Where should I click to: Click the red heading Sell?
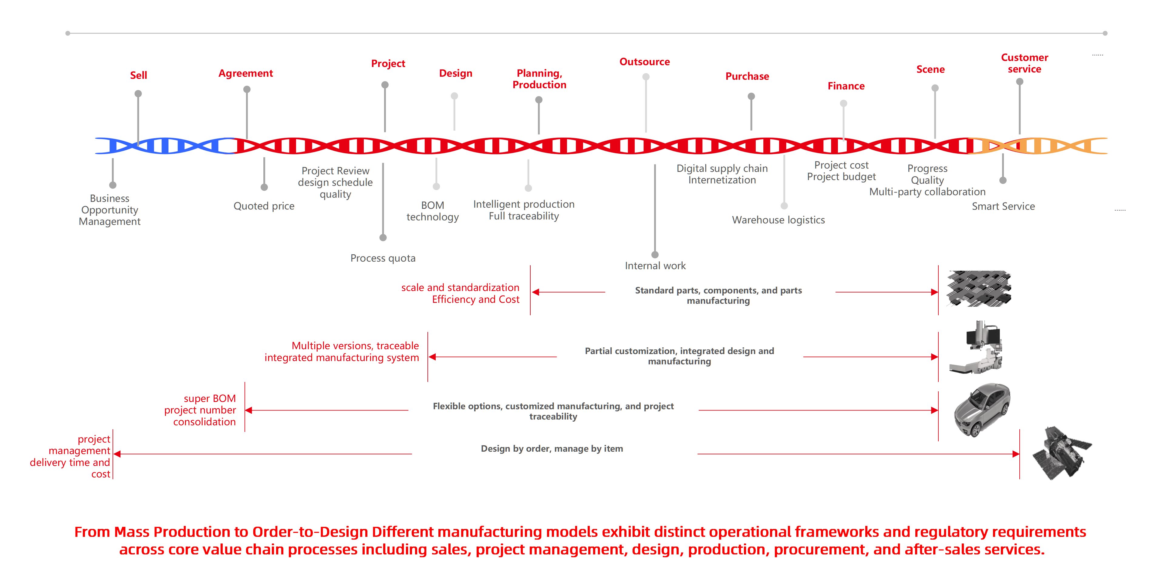point(138,75)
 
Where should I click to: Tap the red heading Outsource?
point(644,62)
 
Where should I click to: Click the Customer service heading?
point(1024,63)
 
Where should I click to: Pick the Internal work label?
point(655,266)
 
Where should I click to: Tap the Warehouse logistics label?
point(778,220)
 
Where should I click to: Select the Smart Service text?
point(1003,206)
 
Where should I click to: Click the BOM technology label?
point(432,211)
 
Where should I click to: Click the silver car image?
point(981,409)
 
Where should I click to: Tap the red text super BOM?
point(209,399)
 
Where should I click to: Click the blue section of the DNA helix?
point(163,146)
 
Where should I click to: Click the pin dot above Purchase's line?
point(751,96)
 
